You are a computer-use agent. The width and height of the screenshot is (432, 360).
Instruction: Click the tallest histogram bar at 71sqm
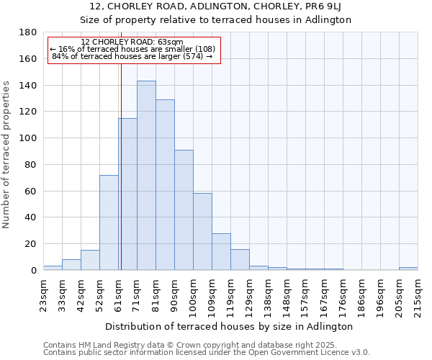tap(146, 176)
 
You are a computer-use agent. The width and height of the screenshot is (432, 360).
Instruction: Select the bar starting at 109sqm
tap(221, 251)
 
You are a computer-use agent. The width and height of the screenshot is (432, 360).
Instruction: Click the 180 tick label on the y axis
tap(28, 32)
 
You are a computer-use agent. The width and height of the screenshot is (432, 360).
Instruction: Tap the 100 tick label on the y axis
tap(28, 138)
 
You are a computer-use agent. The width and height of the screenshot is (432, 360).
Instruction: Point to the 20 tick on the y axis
tap(31, 244)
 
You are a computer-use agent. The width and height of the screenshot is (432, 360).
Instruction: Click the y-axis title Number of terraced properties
tap(7, 154)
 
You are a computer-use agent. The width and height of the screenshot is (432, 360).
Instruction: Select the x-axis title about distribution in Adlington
tap(229, 326)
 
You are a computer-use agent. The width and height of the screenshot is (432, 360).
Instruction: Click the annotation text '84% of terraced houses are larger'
tap(132, 56)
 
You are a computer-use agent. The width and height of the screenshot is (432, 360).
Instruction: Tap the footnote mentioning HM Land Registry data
tap(205, 345)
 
